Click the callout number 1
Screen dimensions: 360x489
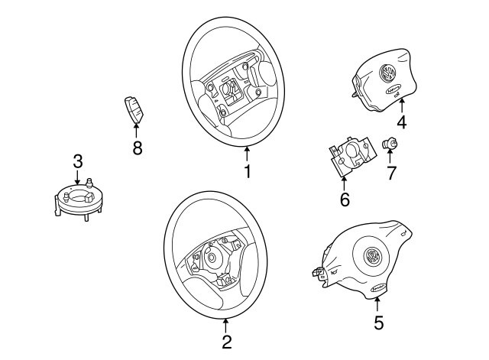pos(247,170)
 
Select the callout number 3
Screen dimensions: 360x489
pos(77,161)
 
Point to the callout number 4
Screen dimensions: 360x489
pos(401,123)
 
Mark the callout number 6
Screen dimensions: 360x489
pos(344,200)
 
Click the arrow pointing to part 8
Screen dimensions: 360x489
pos(137,131)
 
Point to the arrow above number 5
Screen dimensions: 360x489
pos(379,303)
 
